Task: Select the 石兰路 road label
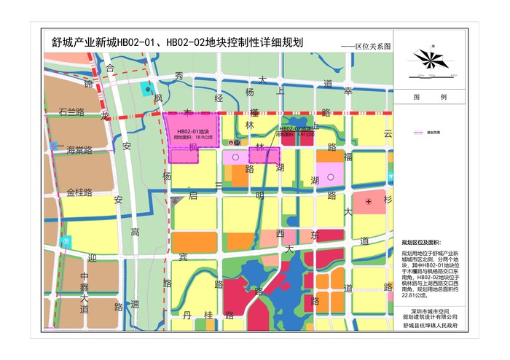pyautogui.click(x=71, y=112)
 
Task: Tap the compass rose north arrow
pyautogui.click(x=431, y=58)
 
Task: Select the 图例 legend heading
pyautogui.click(x=430, y=97)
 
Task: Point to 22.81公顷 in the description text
pyautogui.click(x=414, y=296)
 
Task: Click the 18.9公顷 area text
pyautogui.click(x=197, y=136)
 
